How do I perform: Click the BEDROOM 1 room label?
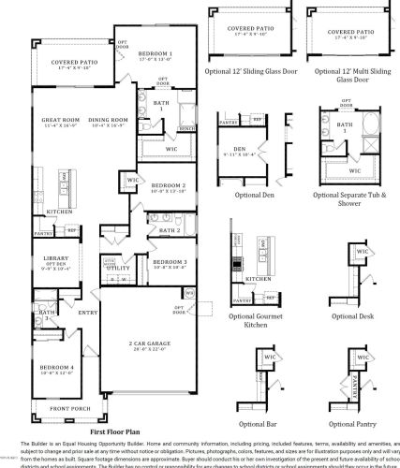tap(156, 54)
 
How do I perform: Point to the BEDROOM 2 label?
tap(169, 185)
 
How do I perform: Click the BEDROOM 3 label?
tap(170, 261)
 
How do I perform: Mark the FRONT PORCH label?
tap(69, 409)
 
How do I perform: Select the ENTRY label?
tap(87, 313)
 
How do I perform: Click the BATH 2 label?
tap(170, 229)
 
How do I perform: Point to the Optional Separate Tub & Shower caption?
tap(349, 198)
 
